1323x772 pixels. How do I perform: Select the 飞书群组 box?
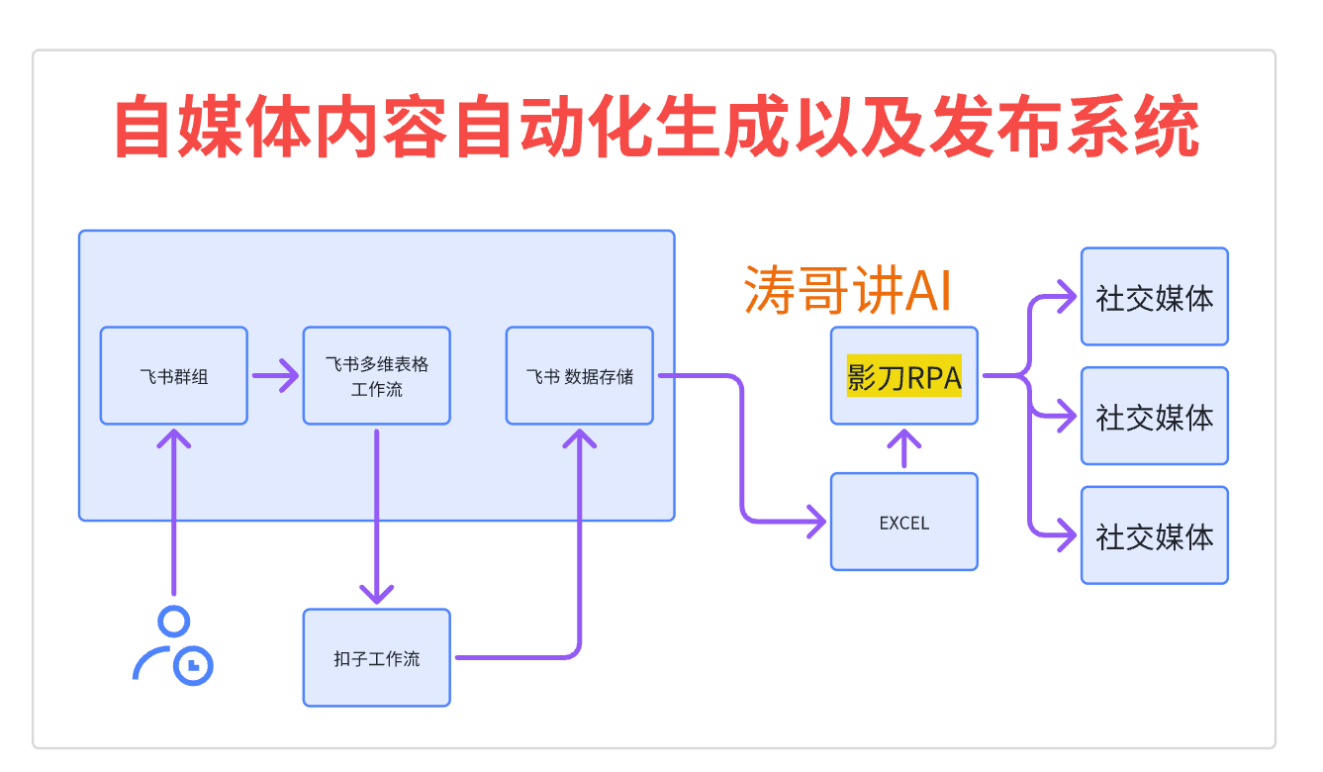tap(174, 375)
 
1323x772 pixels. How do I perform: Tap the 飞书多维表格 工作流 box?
tap(376, 375)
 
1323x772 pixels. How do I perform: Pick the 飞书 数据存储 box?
tap(579, 375)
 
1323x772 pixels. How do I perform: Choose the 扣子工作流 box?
tap(376, 657)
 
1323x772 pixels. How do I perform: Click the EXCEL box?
tap(903, 522)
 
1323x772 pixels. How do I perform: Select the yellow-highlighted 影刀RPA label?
tap(903, 376)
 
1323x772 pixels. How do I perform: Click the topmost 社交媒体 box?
tap(1154, 297)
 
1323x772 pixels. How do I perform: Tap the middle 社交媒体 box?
tap(1154, 416)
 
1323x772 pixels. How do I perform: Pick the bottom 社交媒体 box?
tap(1154, 535)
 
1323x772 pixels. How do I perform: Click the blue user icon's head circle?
tap(174, 623)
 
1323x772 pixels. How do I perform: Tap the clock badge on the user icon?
tap(194, 665)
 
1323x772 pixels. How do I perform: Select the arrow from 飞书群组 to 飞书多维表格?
tap(274, 375)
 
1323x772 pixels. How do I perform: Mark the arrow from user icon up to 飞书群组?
tap(174, 515)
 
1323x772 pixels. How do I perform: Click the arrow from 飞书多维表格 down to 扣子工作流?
tap(376, 515)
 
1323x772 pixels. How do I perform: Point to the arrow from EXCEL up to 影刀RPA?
tap(903, 448)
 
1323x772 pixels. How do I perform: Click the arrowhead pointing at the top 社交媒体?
tap(1066, 295)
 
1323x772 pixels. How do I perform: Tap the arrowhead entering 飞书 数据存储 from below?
tap(579, 438)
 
